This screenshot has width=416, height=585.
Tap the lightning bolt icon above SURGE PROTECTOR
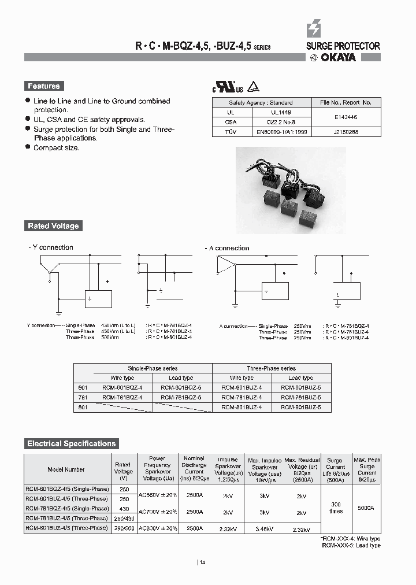coord(314,28)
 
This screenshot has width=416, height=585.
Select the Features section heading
coord(44,86)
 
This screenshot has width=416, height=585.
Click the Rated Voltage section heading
coord(53,226)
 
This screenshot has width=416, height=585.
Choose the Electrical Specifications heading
coord(71,444)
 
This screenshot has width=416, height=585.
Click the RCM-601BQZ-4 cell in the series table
coord(122,388)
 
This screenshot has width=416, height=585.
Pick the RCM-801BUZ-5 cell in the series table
coord(300,408)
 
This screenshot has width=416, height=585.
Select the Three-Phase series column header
coord(272,368)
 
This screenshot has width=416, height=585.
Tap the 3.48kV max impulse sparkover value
coord(264,529)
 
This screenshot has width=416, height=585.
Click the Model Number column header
coord(66,469)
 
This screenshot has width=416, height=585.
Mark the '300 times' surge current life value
coord(335,508)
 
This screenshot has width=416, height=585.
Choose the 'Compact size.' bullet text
coord(57,148)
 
